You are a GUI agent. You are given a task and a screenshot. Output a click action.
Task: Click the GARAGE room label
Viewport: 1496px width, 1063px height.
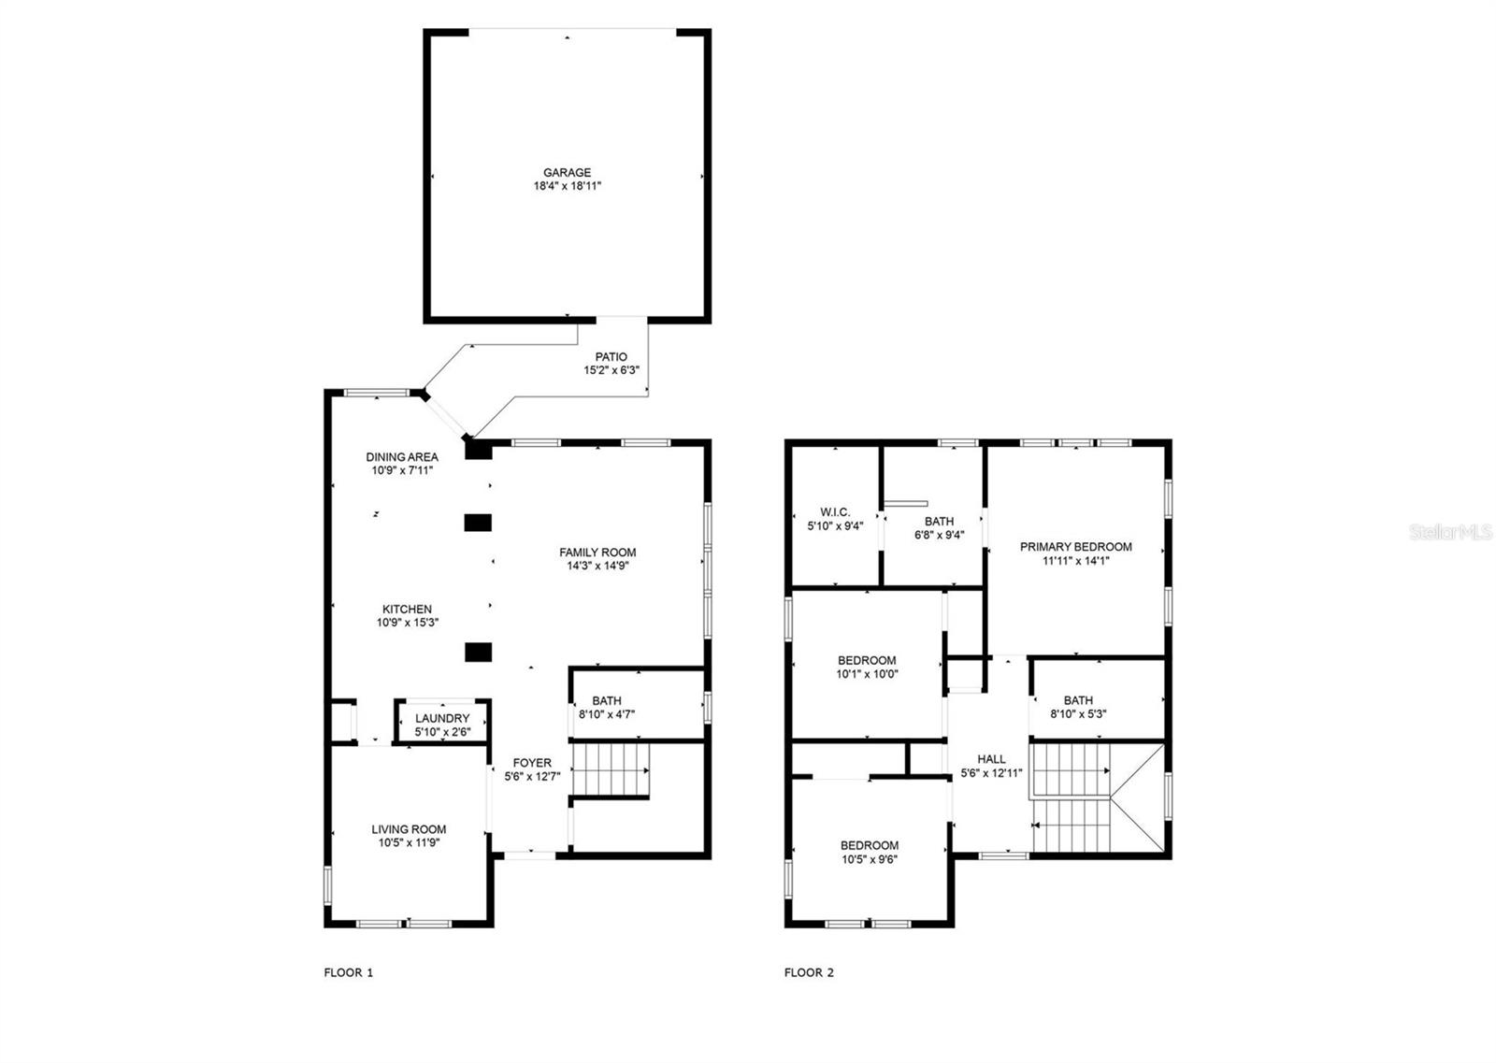point(567,172)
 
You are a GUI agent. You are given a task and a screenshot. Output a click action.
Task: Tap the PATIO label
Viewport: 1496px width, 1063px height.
point(611,357)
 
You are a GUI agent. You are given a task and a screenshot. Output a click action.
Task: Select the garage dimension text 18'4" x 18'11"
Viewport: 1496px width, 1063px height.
point(567,186)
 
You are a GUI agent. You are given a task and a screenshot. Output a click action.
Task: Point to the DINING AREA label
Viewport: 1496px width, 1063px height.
point(402,457)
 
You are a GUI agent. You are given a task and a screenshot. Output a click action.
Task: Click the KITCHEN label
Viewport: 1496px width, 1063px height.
point(407,609)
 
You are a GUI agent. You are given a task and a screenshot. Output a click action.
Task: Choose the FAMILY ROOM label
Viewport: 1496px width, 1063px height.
point(597,553)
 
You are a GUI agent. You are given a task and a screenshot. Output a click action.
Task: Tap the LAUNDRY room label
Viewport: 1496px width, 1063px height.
point(442,718)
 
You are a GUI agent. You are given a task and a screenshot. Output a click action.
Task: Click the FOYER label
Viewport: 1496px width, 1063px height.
point(532,763)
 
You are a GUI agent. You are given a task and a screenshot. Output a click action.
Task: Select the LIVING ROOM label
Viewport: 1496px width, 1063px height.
point(409,829)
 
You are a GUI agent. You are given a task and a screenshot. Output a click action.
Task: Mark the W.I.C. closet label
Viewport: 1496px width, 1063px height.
point(835,512)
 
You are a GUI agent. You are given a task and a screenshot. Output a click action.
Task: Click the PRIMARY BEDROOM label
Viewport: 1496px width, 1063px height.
point(1076,547)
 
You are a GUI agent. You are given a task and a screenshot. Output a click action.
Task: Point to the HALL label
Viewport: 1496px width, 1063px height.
point(991,759)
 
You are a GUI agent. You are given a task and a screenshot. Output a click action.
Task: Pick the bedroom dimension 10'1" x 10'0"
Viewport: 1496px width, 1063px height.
point(867,674)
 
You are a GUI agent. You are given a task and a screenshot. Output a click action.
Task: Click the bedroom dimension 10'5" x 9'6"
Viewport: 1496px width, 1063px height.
point(870,859)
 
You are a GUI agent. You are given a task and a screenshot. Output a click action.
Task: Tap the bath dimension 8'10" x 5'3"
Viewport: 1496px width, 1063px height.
point(1078,713)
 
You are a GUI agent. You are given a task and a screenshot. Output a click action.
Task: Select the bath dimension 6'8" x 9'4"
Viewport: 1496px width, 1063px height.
point(939,535)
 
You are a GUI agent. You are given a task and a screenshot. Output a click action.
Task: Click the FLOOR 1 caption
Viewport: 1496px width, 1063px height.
point(349,972)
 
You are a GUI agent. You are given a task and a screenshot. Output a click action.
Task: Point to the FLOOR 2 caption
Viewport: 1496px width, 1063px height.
point(809,972)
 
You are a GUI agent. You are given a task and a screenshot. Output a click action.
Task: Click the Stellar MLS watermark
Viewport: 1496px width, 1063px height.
point(1450,532)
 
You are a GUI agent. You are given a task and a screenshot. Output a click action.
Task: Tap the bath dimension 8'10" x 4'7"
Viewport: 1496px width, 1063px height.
point(607,714)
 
